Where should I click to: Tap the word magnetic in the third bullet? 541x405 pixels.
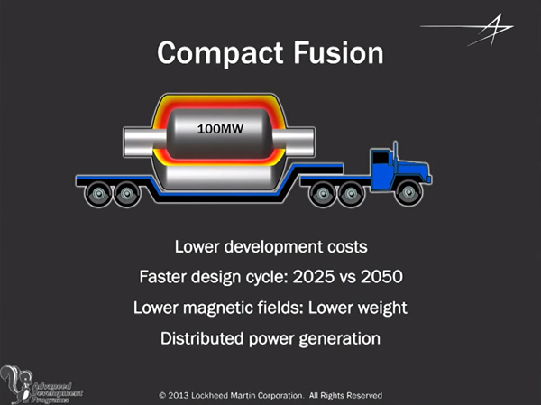coord(225,308)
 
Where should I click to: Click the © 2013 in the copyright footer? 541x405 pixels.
coord(178,395)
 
